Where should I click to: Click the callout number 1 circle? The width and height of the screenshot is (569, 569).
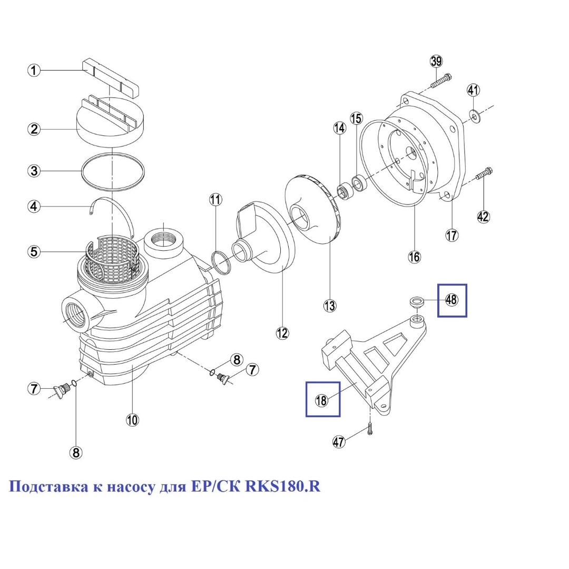pyautogui.click(x=34, y=70)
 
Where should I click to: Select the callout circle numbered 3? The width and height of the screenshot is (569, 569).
pyautogui.click(x=34, y=171)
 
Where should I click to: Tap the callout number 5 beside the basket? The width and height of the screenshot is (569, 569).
pyautogui.click(x=34, y=252)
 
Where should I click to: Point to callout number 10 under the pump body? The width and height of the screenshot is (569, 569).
pyautogui.click(x=132, y=419)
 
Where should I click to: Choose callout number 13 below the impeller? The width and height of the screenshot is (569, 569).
pyautogui.click(x=330, y=306)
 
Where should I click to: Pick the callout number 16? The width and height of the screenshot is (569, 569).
pyautogui.click(x=415, y=257)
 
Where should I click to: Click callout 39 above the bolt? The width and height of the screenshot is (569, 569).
pyautogui.click(x=436, y=61)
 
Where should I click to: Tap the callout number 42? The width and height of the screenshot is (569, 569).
pyautogui.click(x=483, y=216)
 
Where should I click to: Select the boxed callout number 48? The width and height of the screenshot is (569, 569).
pyautogui.click(x=452, y=300)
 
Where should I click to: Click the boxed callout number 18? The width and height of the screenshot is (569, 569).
pyautogui.click(x=322, y=400)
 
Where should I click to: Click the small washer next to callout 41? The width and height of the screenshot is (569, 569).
pyautogui.click(x=474, y=114)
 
